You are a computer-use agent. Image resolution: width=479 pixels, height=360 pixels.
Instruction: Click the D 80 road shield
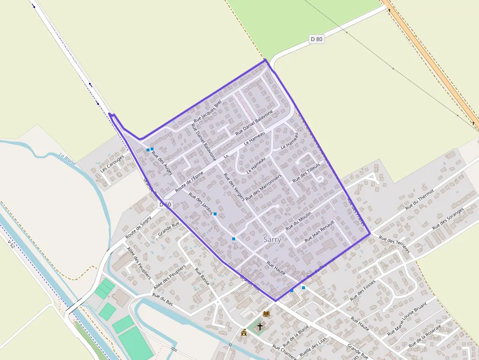[x=317, y=39]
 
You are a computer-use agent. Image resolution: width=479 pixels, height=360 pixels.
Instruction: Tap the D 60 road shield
[x=166, y=205]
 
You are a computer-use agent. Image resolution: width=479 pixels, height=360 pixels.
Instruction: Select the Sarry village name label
[x=272, y=240]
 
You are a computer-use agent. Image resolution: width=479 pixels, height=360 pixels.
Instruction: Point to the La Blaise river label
[x=68, y=160]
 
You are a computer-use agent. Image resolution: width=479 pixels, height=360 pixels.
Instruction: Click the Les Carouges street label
[x=112, y=164]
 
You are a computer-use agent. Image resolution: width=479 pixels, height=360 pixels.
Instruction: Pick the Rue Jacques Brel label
[x=208, y=111]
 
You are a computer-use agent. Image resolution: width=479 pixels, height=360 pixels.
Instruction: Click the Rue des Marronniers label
[x=264, y=186]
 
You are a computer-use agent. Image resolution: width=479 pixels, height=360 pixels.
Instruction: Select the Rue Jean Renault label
[x=319, y=232]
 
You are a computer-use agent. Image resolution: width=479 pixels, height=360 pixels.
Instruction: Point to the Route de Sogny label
[x=138, y=228]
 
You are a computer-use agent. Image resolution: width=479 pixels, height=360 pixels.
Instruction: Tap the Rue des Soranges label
[x=448, y=220]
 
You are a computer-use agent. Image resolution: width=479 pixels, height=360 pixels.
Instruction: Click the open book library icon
[x=266, y=314]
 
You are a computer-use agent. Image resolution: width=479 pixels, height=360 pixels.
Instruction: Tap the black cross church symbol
[x=260, y=326]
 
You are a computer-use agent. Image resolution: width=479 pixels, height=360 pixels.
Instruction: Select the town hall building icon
[x=243, y=332]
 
